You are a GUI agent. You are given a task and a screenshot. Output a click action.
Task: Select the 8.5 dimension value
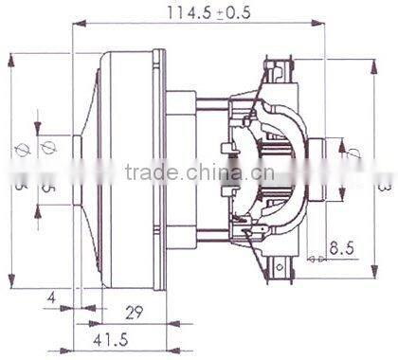click(x=342, y=250)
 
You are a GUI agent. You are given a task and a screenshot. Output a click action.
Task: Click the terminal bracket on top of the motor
click(x=277, y=68)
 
